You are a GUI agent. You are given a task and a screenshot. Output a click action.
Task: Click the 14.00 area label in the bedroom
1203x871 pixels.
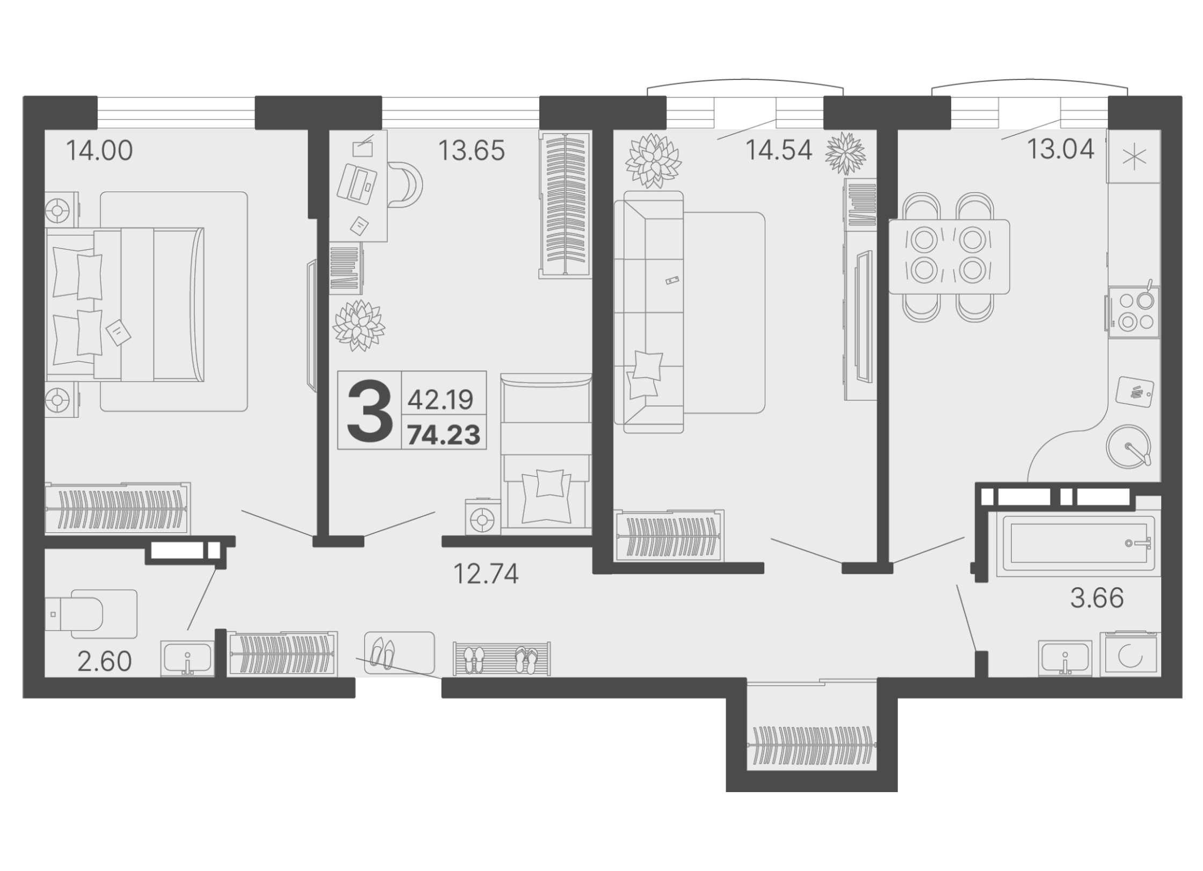99,151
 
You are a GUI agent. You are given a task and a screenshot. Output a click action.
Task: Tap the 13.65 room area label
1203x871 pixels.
472,151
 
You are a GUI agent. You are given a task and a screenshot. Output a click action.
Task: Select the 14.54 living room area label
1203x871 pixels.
779,151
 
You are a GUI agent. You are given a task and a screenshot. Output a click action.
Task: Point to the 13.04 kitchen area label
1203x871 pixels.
1061,150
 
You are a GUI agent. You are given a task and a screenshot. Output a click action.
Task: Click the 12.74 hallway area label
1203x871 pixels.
486,574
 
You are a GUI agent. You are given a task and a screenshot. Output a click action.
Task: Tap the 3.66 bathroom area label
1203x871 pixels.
1097,598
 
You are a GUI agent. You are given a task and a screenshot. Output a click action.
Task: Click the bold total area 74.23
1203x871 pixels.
444,434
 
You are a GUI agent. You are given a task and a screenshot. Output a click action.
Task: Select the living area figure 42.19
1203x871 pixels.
440,400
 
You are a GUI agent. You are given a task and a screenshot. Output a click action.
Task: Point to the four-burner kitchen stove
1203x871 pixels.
1132,313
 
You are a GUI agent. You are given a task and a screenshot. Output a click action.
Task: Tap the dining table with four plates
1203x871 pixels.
949,257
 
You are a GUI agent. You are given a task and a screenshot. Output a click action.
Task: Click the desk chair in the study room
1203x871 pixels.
406,185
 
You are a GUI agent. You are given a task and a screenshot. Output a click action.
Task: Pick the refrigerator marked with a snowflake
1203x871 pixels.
1134,157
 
